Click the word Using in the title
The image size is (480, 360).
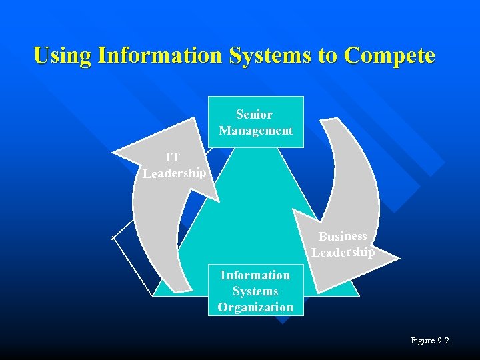[63, 55]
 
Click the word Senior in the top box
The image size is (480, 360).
[254, 115]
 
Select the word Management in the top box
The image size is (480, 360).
[255, 131]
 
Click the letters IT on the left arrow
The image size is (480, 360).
[173, 157]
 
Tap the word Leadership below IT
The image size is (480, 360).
[174, 173]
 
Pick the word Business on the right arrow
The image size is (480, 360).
[343, 236]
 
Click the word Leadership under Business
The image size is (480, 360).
[343, 253]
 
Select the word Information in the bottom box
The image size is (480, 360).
[255, 275]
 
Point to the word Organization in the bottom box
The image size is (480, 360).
[255, 307]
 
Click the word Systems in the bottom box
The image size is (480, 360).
[255, 291]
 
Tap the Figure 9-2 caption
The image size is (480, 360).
[430, 341]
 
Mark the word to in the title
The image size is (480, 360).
[327, 55]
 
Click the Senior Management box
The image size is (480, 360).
[256, 121]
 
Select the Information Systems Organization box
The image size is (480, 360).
[255, 291]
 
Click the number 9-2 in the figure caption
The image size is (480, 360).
[443, 341]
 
